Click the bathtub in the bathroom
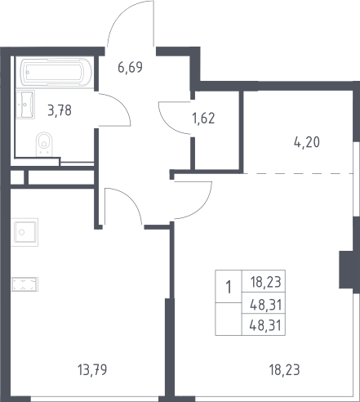click(56, 72)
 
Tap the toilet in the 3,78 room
click(44, 145)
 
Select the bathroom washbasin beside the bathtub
click(25, 105)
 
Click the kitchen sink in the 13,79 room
click(24, 232)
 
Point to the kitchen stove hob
click(24, 284)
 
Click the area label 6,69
click(130, 67)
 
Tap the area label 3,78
click(60, 110)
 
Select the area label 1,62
click(203, 118)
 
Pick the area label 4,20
click(307, 142)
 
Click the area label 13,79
click(92, 370)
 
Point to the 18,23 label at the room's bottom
click(284, 370)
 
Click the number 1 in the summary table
click(229, 287)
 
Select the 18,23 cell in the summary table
click(265, 282)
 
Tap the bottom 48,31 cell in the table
click(265, 325)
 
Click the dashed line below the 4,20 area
click(298, 173)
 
